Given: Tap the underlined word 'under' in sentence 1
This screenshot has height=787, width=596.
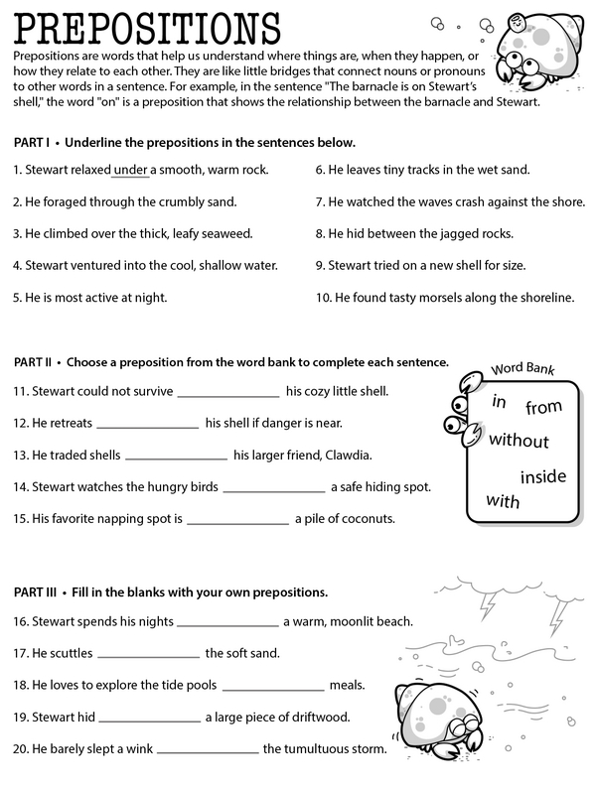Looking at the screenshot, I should click(130, 170).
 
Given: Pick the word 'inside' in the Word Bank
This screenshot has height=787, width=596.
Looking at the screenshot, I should click(542, 478).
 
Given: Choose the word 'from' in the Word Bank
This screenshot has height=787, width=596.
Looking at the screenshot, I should click(543, 407).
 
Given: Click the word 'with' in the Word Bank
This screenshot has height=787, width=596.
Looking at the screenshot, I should click(503, 501).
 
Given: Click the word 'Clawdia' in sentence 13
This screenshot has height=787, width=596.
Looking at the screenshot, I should click(343, 457).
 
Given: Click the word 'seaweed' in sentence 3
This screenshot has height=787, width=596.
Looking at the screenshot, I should click(226, 233).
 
